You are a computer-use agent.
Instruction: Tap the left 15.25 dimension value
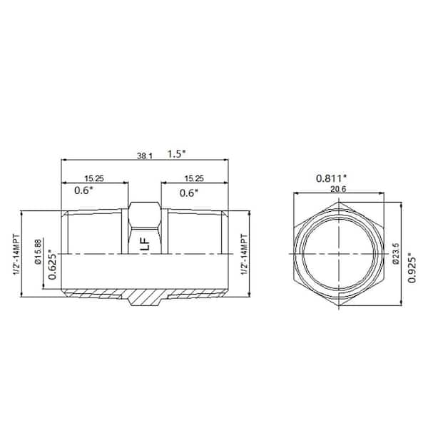[91, 178]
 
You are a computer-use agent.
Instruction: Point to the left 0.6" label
[86, 191]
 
